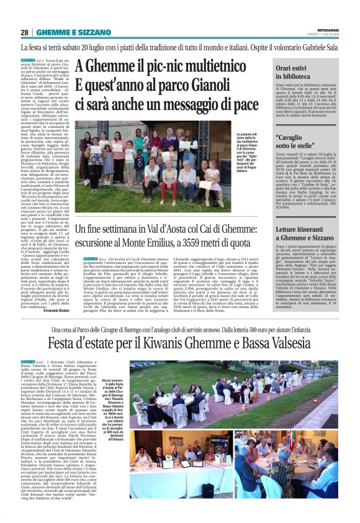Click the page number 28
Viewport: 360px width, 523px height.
tap(24, 32)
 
